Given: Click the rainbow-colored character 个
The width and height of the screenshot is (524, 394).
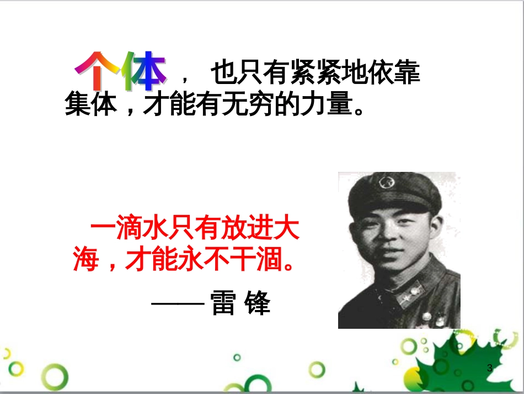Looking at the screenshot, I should (x=97, y=72).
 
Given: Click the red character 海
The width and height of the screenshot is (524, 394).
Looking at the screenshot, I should (x=87, y=259).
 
